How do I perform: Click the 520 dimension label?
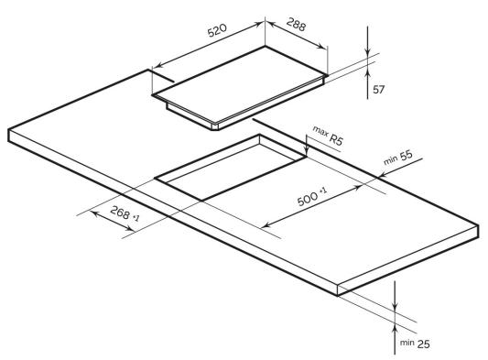pyautogui.click(x=217, y=30)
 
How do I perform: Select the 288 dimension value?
pyautogui.click(x=296, y=25)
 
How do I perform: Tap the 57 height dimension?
pyautogui.click(x=379, y=90)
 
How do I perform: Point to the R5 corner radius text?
pyautogui.click(x=336, y=140)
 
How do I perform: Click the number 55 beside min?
pyautogui.click(x=407, y=155)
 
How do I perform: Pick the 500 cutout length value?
pyautogui.click(x=308, y=200)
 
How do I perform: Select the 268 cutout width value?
pyautogui.click(x=120, y=213)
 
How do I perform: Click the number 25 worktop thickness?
pyautogui.click(x=423, y=344)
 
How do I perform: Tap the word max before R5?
pyautogui.click(x=320, y=131)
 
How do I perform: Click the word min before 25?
pyautogui.click(x=407, y=343)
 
